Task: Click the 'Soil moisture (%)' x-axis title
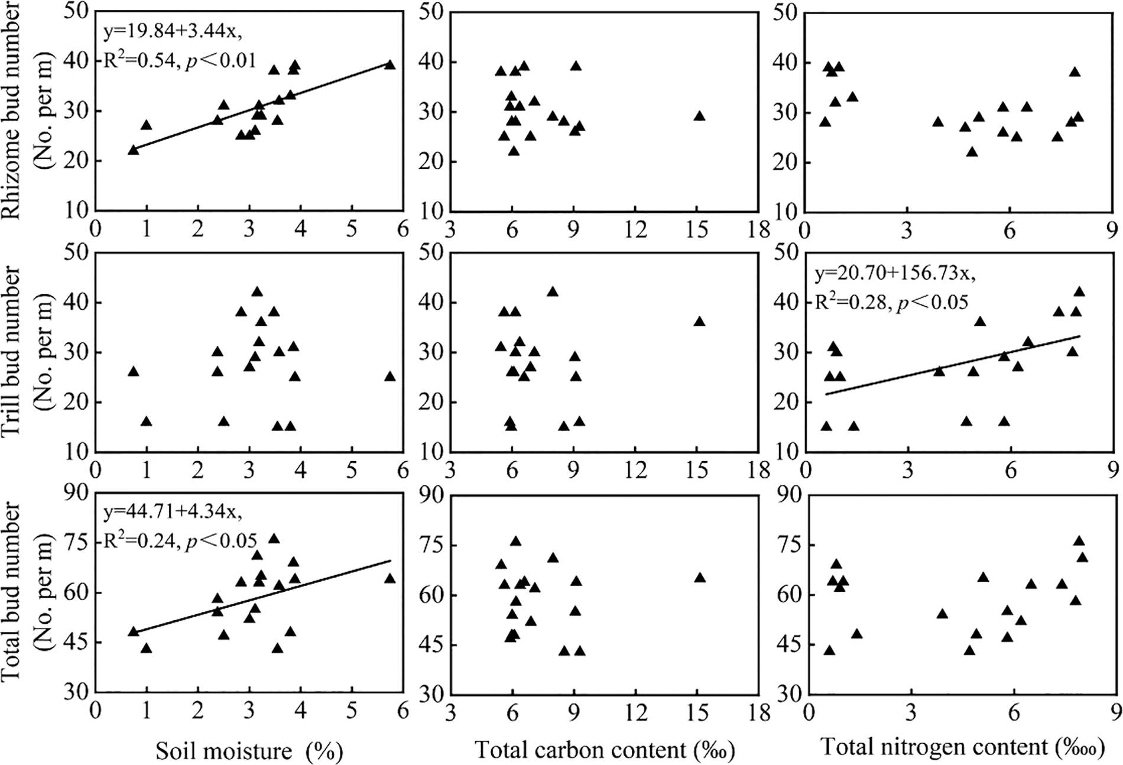tap(249, 751)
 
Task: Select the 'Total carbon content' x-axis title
tap(604, 750)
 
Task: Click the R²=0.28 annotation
tap(849, 302)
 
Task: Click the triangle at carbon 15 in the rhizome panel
tap(699, 116)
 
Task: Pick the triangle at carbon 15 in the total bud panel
tap(700, 578)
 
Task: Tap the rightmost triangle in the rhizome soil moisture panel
tap(390, 64)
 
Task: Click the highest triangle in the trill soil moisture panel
tap(257, 291)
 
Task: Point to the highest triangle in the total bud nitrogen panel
tap(1079, 541)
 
